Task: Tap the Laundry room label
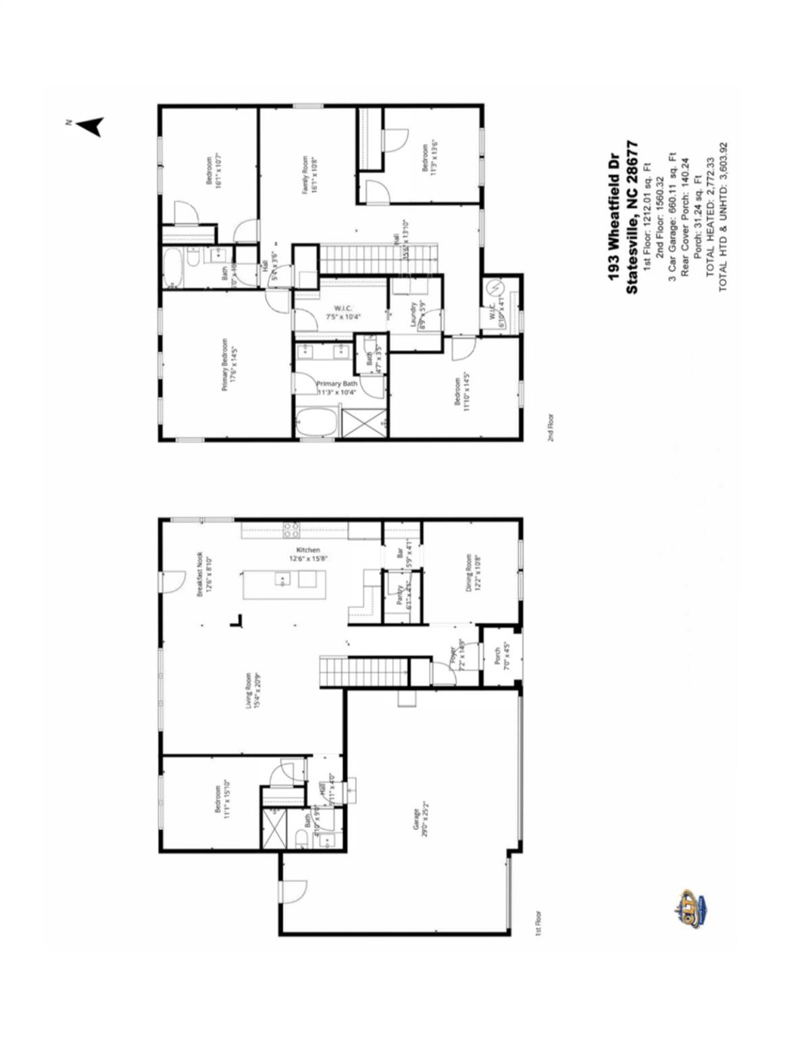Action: tap(416, 314)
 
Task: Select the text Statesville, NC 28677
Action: tap(632, 216)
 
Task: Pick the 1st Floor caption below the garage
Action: tap(538, 922)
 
